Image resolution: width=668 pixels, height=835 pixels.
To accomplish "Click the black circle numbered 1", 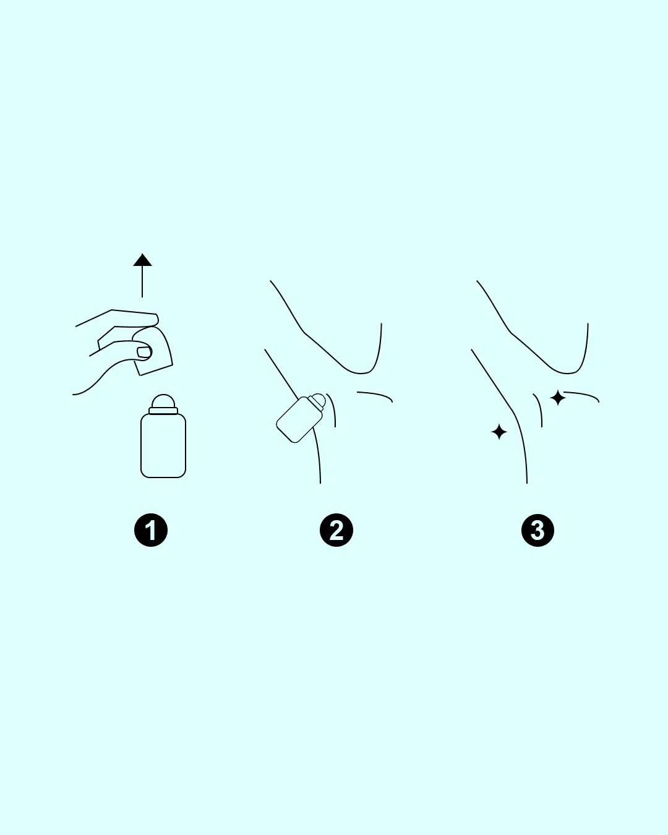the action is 150,530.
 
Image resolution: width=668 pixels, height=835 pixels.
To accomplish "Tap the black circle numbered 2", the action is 336,530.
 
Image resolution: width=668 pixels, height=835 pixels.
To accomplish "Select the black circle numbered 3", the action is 537,530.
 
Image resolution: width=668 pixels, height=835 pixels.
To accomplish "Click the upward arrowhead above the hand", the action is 142,260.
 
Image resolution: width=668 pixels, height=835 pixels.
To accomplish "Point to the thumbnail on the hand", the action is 143,353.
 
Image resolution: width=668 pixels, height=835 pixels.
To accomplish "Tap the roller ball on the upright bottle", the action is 163,401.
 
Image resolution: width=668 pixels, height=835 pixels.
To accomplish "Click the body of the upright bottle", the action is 163,445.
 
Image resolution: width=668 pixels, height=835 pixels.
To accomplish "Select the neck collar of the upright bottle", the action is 163,411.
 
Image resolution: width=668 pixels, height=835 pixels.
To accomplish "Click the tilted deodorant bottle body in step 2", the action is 299,420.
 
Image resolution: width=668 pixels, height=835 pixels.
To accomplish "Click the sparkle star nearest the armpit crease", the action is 558,398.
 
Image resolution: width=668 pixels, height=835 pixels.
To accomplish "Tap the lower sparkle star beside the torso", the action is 499,432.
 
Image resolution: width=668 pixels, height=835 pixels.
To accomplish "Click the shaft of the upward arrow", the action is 142,281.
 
